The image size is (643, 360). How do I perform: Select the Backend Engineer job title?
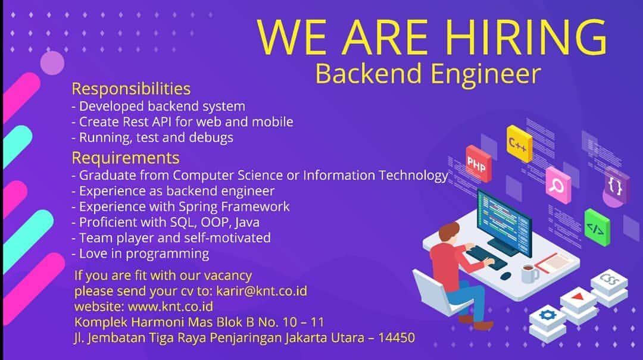(428, 74)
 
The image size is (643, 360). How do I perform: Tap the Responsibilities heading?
(131, 89)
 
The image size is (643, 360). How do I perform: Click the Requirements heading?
(126, 158)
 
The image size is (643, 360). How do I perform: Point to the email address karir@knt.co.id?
(261, 291)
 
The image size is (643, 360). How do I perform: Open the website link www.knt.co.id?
(171, 306)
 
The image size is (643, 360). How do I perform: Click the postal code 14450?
(397, 337)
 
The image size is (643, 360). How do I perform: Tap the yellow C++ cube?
(519, 144)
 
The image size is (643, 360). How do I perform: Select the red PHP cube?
(478, 164)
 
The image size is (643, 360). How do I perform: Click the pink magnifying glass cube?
(558, 185)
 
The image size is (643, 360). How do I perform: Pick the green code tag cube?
(597, 227)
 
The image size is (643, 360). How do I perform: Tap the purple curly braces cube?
(616, 186)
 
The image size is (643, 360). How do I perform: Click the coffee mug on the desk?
(529, 273)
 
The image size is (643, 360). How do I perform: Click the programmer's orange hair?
(449, 231)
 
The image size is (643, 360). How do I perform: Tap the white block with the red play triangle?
(579, 302)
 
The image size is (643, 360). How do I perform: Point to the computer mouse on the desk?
(506, 276)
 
